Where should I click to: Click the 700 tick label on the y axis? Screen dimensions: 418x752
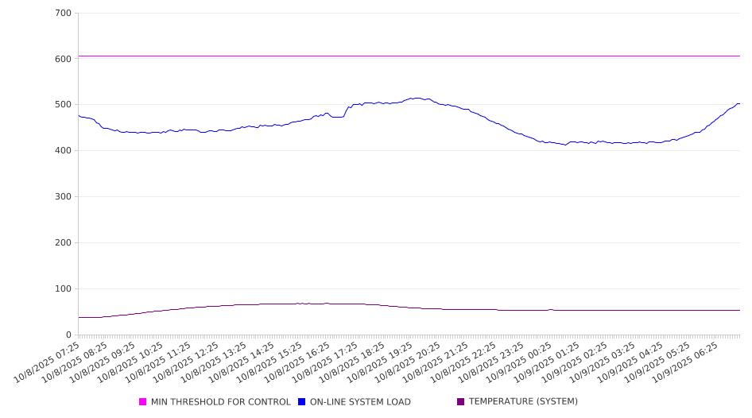(x=64, y=14)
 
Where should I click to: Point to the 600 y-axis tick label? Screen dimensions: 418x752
(x=64, y=59)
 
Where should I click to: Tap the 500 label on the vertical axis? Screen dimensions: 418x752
(x=64, y=105)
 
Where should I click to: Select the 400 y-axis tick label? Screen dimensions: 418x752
(x=64, y=151)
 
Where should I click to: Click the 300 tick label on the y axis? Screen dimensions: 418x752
(x=64, y=197)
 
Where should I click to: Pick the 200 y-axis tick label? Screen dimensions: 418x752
(x=64, y=243)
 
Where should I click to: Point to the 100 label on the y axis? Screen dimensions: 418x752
(x=64, y=289)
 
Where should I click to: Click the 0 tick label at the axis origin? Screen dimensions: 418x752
(x=69, y=335)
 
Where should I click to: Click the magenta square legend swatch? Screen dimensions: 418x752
(x=143, y=402)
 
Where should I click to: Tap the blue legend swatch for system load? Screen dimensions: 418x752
(x=302, y=402)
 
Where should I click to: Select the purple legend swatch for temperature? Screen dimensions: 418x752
(x=461, y=402)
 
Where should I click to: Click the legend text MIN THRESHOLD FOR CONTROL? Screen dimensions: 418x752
(x=220, y=402)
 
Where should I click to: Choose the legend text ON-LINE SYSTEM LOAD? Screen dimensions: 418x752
(x=360, y=402)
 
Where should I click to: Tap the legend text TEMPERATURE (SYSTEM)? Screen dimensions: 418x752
(x=523, y=402)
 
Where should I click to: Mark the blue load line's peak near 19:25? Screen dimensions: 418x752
(x=417, y=98)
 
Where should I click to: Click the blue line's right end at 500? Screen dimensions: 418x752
(x=738, y=103)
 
